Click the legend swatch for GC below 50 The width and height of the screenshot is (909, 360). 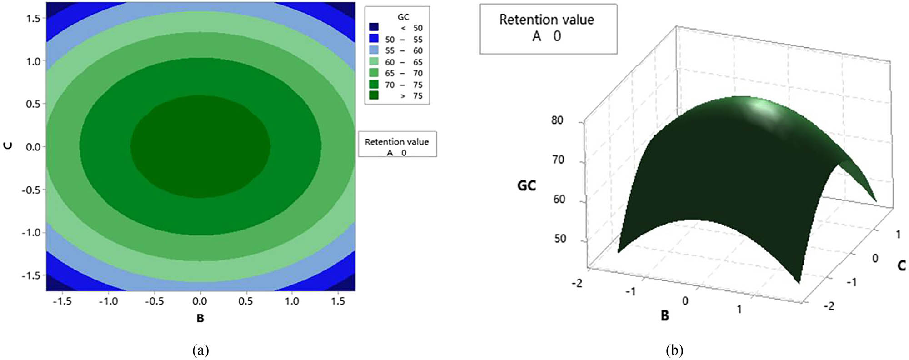pos(374,27)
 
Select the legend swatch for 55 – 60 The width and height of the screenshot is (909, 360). pos(374,50)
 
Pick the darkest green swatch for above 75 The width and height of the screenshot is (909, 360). pos(374,95)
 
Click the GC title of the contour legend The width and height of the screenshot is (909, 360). pos(403,17)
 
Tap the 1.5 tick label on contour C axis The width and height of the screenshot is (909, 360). pos(33,18)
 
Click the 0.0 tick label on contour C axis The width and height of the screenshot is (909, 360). pos(33,147)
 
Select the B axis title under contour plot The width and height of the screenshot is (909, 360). pos(200,318)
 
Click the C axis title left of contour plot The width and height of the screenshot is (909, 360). pos(8,145)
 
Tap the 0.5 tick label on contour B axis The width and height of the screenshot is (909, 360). pos(245,301)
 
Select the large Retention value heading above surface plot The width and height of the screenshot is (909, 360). pos(546,20)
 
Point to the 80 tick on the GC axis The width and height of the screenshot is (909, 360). pos(557,120)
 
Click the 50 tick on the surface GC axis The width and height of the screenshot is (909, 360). pos(560,239)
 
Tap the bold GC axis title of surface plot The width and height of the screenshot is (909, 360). pos(527,185)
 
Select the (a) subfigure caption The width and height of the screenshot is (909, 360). pos(200,350)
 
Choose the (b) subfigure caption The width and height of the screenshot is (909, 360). pos(674,350)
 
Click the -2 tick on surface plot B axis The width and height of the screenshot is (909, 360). pos(577,283)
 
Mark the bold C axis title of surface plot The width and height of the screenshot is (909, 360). pos(902,265)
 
